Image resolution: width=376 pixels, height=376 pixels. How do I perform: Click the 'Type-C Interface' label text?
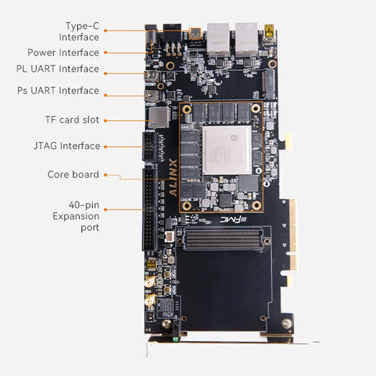[x=79, y=31]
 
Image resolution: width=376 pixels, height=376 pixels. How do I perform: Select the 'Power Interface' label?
[x=63, y=53]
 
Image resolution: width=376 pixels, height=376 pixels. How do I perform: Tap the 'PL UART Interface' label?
[x=57, y=69]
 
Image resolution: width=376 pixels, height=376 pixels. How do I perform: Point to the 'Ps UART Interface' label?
[x=58, y=90]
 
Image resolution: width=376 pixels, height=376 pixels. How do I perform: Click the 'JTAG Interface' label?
[x=66, y=146]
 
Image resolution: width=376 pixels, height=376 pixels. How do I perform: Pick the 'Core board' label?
[x=73, y=174]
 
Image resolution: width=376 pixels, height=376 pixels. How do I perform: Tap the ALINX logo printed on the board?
[x=172, y=180]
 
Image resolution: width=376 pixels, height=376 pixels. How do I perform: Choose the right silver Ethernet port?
[x=246, y=38]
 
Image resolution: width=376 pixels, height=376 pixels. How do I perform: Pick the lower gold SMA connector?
[x=150, y=301]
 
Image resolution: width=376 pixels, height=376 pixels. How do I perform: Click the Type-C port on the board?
[x=195, y=33]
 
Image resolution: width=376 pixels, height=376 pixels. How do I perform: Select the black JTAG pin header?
[x=149, y=146]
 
